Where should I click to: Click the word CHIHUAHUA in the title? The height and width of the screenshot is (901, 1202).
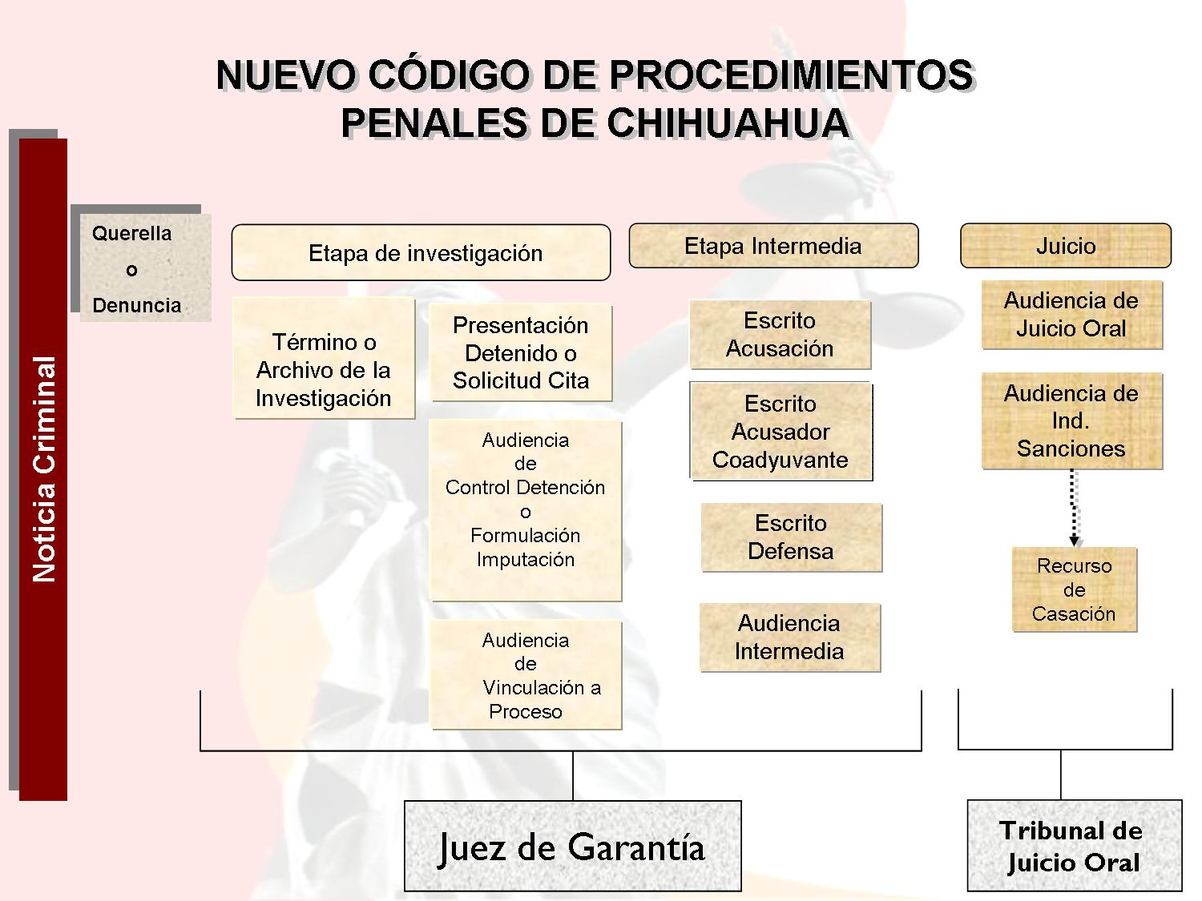728,123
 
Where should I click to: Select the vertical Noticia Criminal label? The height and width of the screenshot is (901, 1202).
44,469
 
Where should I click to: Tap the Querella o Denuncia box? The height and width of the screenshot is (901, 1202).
145,267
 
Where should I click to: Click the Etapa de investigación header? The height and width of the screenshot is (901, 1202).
421,253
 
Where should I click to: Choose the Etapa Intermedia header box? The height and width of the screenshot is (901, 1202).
773,246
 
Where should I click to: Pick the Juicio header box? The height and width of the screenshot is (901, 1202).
1066,246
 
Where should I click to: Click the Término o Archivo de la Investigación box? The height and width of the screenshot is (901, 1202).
324,358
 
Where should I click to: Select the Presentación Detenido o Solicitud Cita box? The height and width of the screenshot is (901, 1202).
521,353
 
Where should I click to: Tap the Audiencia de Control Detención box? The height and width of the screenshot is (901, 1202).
526,510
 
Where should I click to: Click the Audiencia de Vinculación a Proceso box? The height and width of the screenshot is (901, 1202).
526,674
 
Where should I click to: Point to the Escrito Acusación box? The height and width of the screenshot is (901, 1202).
780,334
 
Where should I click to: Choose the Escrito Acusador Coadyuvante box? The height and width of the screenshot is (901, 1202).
780,431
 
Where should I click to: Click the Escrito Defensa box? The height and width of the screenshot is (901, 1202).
791,537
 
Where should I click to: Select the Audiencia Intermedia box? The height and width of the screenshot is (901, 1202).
789,638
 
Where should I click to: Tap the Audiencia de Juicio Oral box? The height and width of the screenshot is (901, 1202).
1071,315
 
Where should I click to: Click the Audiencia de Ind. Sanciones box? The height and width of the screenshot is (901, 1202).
1071,420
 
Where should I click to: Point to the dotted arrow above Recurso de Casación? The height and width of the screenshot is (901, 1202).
1074,508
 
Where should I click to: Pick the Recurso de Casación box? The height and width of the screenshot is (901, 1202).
1075,589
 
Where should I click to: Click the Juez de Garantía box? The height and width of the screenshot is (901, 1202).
573,846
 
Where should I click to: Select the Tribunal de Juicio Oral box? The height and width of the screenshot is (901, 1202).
1075,845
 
